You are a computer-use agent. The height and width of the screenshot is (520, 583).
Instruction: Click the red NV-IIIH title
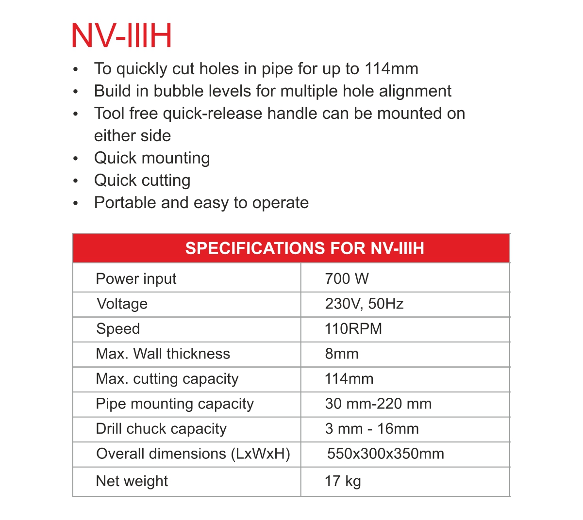click(121, 35)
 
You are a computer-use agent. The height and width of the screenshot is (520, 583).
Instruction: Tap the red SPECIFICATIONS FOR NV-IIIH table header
click(304, 248)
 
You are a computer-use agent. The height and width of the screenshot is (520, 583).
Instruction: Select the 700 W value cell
click(347, 279)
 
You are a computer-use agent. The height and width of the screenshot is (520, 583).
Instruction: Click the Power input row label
click(136, 279)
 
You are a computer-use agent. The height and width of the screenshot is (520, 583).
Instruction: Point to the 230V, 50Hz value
click(364, 304)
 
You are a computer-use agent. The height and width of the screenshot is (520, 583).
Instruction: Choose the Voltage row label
click(122, 304)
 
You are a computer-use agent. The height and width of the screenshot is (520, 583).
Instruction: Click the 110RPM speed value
click(353, 329)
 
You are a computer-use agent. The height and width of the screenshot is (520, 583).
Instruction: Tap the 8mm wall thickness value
click(341, 354)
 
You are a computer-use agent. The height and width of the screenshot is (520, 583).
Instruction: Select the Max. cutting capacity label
click(167, 379)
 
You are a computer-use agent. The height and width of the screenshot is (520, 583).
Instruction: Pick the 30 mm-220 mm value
click(378, 404)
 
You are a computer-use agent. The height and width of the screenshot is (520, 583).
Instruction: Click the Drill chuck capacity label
click(161, 429)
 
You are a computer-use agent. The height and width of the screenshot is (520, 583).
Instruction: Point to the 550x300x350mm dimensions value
click(385, 454)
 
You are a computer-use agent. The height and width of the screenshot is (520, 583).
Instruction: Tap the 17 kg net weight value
click(343, 481)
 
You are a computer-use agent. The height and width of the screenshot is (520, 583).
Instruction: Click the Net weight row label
click(132, 481)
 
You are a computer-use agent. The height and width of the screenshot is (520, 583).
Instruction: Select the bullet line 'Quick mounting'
click(152, 158)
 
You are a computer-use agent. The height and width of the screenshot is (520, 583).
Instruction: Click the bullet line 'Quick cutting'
click(142, 180)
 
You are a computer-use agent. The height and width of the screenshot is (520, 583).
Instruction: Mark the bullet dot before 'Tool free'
click(75, 114)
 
